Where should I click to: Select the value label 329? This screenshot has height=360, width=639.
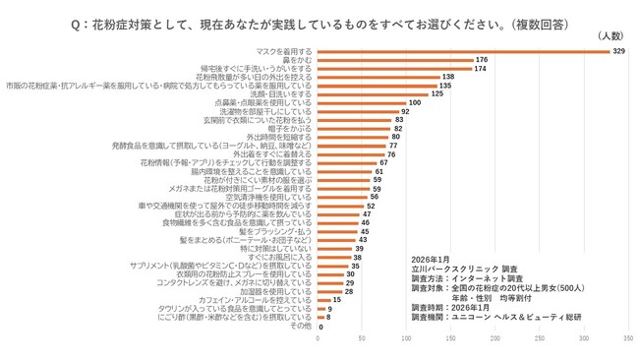(618, 50)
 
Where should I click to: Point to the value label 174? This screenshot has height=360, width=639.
(480, 68)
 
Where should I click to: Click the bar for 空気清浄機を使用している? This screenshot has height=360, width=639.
(338, 197)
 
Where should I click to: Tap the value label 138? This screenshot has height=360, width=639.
(447, 77)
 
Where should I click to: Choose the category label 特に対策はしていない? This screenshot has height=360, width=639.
(276, 249)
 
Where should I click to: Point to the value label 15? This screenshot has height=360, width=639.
(336, 300)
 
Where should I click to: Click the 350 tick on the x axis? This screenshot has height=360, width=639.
(628, 338)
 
